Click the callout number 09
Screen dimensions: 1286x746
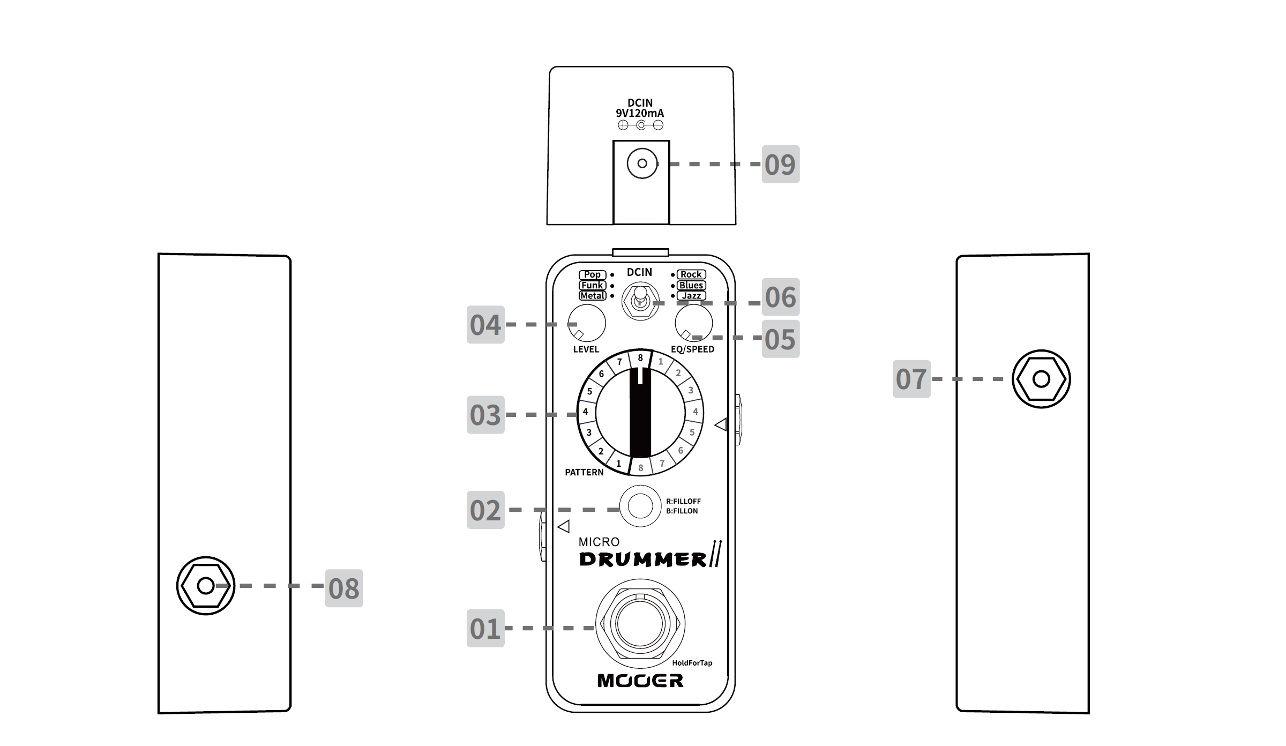[780, 164]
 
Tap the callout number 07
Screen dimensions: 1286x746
[911, 379]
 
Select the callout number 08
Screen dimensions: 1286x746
[344, 588]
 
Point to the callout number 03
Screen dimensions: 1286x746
[485, 415]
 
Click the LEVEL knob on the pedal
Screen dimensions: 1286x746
[587, 323]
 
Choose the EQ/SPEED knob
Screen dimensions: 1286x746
[693, 323]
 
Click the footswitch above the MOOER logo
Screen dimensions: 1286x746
[640, 623]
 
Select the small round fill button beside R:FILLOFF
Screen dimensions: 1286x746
[640, 506]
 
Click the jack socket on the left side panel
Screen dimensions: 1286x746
[206, 585]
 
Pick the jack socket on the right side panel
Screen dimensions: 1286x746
[1041, 379]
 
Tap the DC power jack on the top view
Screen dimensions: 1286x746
[642, 163]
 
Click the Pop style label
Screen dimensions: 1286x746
[592, 274]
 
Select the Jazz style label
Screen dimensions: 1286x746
[691, 296]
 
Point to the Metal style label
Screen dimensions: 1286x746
[592, 296]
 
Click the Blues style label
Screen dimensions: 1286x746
[691, 285]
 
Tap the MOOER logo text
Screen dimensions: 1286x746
[640, 681]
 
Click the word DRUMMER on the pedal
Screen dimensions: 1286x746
[643, 559]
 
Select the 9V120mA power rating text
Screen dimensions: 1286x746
[640, 113]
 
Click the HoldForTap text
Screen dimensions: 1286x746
[692, 663]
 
